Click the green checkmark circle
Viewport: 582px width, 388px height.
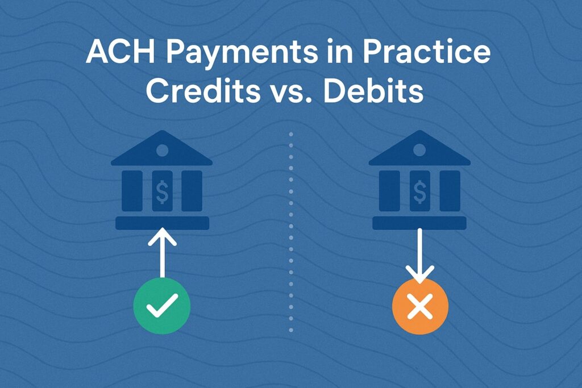(x=162, y=306)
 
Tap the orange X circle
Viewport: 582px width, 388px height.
(x=420, y=306)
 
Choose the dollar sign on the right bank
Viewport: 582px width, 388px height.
(x=420, y=191)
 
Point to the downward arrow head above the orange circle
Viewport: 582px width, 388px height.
(x=420, y=274)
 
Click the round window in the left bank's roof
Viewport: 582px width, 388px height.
(x=162, y=150)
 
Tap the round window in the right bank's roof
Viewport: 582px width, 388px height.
(x=420, y=150)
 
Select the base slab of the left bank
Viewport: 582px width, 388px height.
(x=162, y=223)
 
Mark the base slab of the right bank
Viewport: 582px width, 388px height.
(x=419, y=223)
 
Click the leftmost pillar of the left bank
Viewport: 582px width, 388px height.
(x=132, y=191)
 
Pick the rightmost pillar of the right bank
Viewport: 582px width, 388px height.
(x=450, y=191)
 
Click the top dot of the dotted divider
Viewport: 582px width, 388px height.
(x=291, y=134)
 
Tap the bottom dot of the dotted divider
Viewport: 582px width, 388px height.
(x=291, y=329)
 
